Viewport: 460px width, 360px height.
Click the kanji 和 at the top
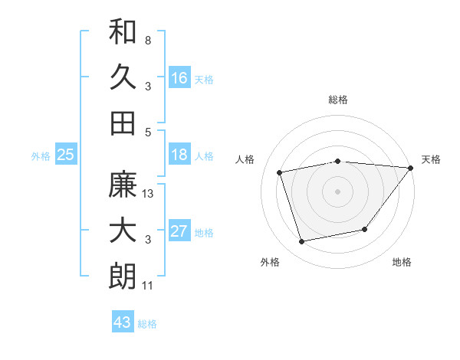pyautogui.click(x=123, y=33)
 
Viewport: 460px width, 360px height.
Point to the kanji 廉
pyautogui.click(x=123, y=185)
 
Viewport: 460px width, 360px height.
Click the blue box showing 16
pyautogui.click(x=179, y=78)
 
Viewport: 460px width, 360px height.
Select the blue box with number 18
pyautogui.click(x=179, y=155)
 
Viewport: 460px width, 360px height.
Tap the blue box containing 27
pyautogui.click(x=179, y=231)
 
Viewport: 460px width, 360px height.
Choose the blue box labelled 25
pyautogui.click(x=66, y=155)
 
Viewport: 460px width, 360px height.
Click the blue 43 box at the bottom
pyautogui.click(x=123, y=322)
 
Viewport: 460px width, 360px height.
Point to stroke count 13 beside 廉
pyautogui.click(x=149, y=194)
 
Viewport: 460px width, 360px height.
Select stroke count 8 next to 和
pyautogui.click(x=148, y=40)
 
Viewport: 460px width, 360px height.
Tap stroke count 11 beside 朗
pyautogui.click(x=148, y=286)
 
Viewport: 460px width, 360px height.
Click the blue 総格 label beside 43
pyautogui.click(x=148, y=324)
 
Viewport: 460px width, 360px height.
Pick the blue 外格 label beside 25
pyautogui.click(x=41, y=156)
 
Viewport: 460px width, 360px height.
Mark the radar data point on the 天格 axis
pyautogui.click(x=410, y=168)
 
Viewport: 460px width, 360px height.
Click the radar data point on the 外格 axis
pyautogui.click(x=302, y=241)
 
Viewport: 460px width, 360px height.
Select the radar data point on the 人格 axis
pyautogui.click(x=280, y=172)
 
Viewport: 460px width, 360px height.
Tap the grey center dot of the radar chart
pyautogui.click(x=337, y=191)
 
